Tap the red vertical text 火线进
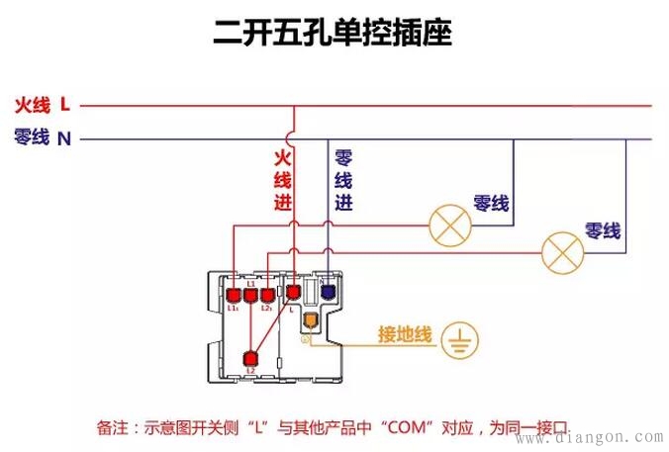coord(283,180)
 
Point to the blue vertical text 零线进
coord(343,180)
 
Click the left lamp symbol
coord(449,226)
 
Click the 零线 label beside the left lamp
coord(492,204)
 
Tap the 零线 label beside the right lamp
coord(603,231)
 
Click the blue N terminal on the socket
coord(327,293)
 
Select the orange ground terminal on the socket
coord(310,320)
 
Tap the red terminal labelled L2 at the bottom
coord(251,359)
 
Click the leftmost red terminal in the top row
coord(233,295)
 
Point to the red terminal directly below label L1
coord(250,295)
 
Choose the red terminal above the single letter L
coord(293,293)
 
